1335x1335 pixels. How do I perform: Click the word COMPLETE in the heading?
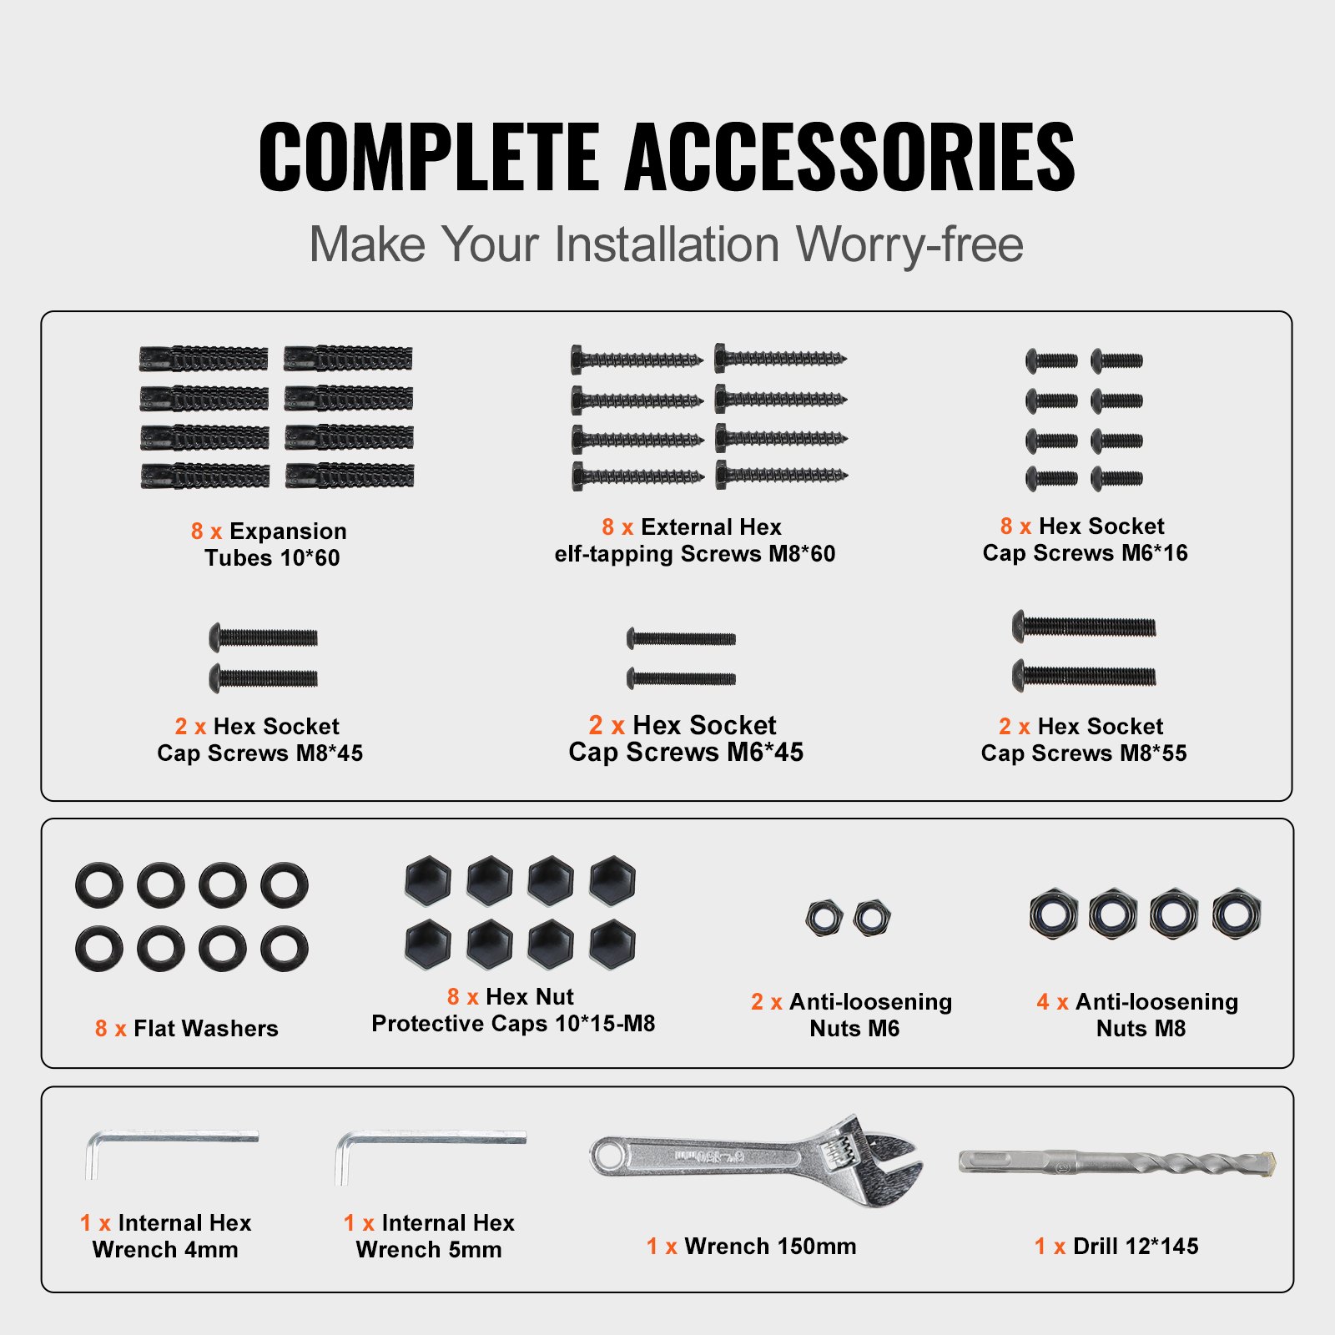coord(429,157)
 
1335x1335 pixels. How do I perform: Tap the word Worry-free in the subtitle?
coord(909,244)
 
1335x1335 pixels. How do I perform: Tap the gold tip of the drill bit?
coord(1267,1161)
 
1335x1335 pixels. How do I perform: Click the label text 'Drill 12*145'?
coord(1136,1247)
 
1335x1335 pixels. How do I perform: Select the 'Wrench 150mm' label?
coord(770,1247)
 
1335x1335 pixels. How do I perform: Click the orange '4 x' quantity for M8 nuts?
coord(1052,1002)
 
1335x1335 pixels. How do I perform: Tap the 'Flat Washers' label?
coord(206,1029)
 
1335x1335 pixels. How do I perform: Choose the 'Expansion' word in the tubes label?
coord(288,532)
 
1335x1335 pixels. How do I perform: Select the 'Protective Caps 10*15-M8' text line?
coord(513,1024)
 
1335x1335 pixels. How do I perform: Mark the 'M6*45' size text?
coord(765,752)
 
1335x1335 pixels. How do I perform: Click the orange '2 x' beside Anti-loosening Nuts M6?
coord(766,1002)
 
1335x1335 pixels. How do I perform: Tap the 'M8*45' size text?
coord(330,753)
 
